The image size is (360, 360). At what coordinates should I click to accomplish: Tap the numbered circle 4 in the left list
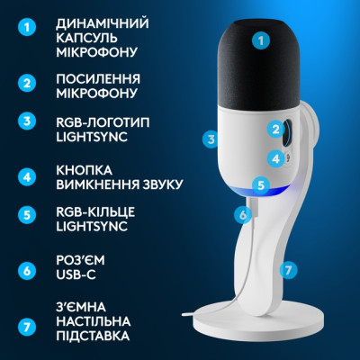tap(28, 177)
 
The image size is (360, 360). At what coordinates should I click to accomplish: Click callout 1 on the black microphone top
tap(261, 40)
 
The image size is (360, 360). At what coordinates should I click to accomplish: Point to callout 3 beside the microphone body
tap(211, 139)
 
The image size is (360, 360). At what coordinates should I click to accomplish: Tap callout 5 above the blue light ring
tap(260, 186)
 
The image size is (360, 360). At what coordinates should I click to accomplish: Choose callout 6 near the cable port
tap(241, 215)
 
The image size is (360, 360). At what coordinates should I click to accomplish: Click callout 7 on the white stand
tap(288, 268)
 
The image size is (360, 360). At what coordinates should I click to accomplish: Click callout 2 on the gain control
tap(275, 129)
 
